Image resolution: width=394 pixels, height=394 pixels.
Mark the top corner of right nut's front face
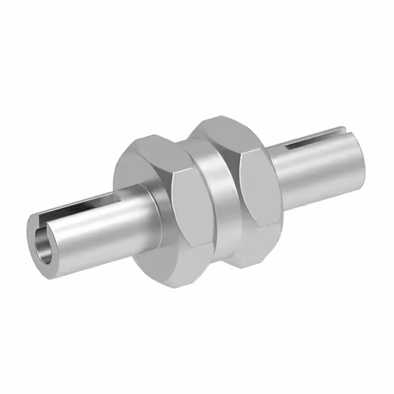[x=240, y=151]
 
